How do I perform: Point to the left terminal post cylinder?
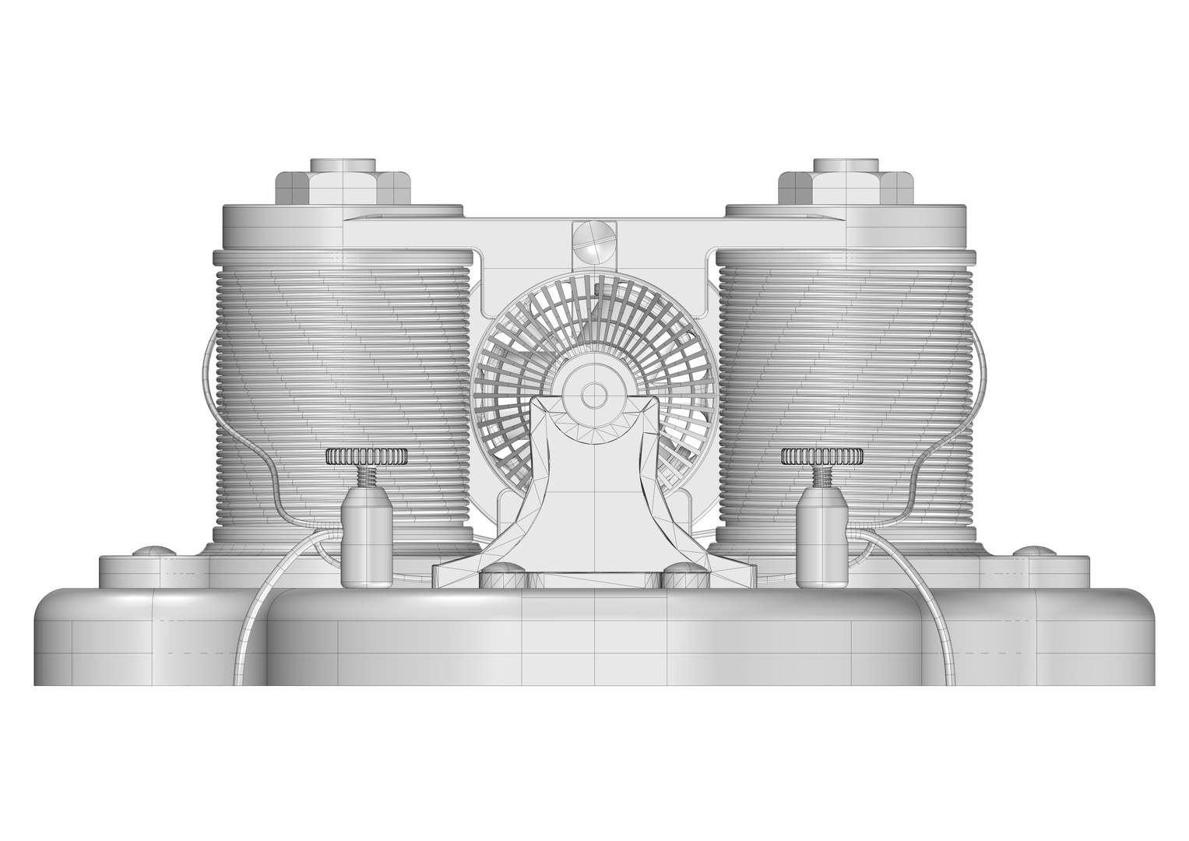(367, 542)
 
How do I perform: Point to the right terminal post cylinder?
(822, 542)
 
